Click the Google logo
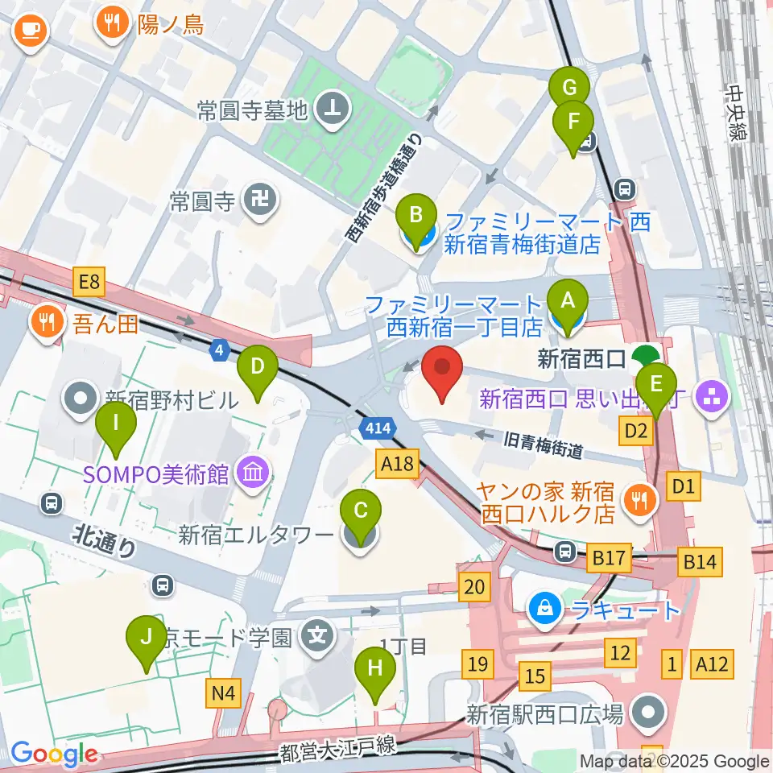click(x=54, y=754)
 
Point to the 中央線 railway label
click(x=738, y=114)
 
